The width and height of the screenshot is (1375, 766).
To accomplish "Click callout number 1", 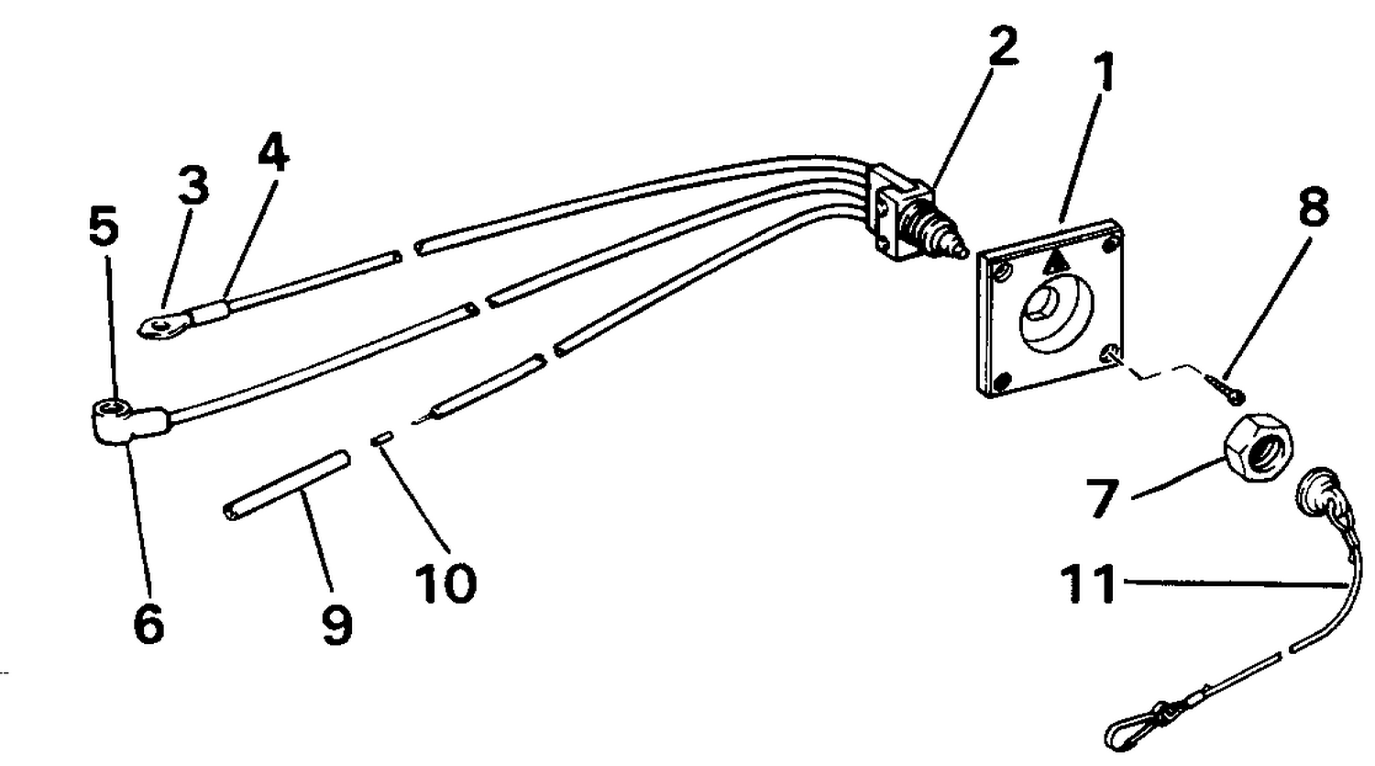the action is click(x=1105, y=72).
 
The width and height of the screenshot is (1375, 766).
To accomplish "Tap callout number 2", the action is click(x=1003, y=46).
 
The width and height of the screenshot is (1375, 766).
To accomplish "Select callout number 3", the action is click(x=194, y=184).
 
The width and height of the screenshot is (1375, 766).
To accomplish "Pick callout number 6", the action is click(x=149, y=624).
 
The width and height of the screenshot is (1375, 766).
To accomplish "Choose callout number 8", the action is click(x=1314, y=206).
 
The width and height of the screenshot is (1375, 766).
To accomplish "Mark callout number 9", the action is click(x=337, y=625).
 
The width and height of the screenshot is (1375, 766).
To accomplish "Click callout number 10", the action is click(x=445, y=583).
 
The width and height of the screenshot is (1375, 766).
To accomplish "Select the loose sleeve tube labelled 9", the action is click(x=286, y=485).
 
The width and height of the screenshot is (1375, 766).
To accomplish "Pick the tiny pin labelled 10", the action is click(x=382, y=439).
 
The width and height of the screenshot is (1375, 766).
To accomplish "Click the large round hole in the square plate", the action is click(x=1056, y=315).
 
